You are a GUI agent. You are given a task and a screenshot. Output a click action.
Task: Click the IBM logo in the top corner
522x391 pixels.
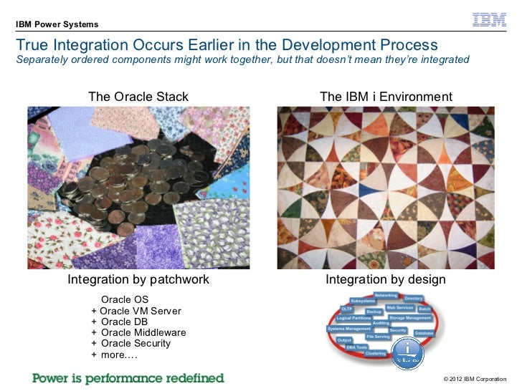(x=490, y=21)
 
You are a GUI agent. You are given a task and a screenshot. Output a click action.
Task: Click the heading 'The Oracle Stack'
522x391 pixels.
(x=138, y=97)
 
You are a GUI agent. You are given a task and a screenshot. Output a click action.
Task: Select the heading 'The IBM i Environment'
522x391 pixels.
(x=386, y=97)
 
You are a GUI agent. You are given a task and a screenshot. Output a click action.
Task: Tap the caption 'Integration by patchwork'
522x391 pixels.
(x=138, y=279)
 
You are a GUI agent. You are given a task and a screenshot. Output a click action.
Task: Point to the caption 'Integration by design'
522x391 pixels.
(x=386, y=279)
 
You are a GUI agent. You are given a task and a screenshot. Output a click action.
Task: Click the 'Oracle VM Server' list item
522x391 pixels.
(x=141, y=311)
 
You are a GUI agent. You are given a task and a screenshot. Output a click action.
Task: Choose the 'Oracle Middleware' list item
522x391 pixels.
(x=143, y=332)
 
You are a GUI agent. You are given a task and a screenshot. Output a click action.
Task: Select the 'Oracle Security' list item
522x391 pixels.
(x=136, y=343)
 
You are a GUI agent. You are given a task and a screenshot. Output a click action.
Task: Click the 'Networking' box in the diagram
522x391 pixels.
(x=386, y=295)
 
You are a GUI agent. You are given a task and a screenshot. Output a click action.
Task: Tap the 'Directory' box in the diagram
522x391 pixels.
(x=414, y=298)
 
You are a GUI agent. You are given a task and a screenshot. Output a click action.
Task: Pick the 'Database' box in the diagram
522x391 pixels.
(x=424, y=334)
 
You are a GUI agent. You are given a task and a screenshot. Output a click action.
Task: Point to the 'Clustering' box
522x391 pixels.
(x=376, y=353)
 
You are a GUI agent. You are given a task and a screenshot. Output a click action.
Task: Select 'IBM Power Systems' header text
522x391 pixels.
(x=57, y=25)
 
